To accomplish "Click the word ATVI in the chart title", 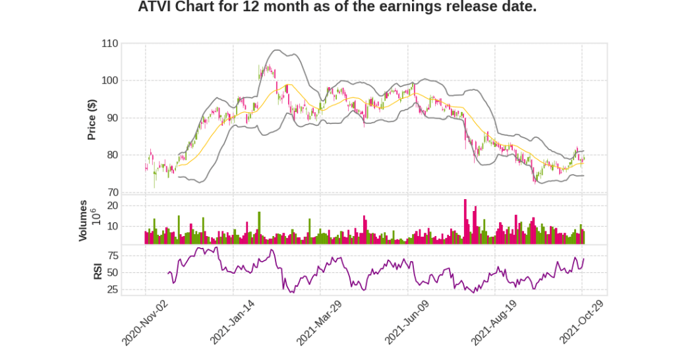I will (154, 8).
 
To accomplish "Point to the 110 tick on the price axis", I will (109, 44).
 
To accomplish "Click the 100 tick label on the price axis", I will (109, 80).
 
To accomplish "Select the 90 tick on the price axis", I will (111, 118).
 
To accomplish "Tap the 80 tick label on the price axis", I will (111, 155).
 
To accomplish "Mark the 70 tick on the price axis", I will (111, 193).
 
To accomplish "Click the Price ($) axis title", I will (92, 119).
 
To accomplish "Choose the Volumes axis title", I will (83, 220).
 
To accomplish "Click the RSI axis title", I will (97, 271).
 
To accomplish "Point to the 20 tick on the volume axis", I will (112, 206).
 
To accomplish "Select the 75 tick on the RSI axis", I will (112, 255).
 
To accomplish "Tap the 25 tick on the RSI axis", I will (112, 289).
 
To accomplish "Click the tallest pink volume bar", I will (465, 222).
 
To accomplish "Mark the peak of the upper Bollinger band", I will (276, 50).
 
